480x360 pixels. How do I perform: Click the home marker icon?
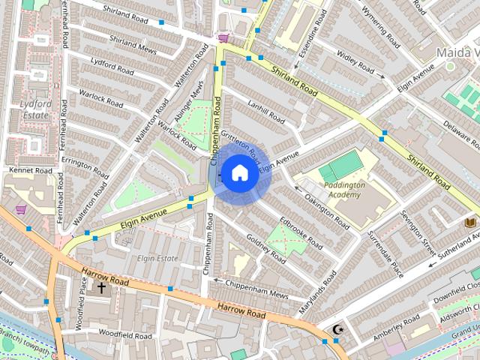239,173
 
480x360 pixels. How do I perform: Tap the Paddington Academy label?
346,189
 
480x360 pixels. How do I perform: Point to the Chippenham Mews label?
253,289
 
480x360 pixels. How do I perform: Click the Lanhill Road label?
265,113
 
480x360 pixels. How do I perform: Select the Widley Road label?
355,61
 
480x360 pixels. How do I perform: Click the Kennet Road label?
31,171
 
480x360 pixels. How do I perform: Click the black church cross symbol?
101,287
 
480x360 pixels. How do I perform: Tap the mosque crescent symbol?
339,329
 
